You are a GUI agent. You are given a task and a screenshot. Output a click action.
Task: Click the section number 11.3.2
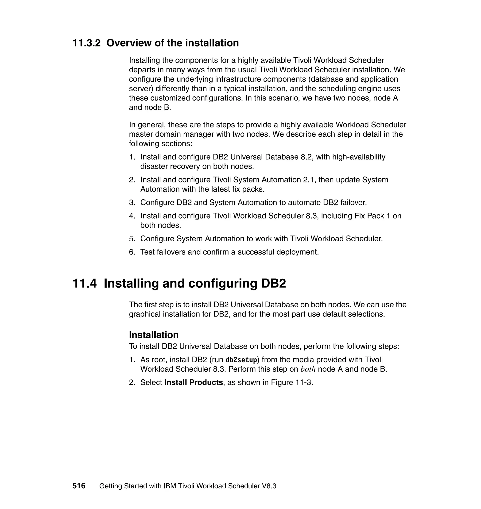click(87, 43)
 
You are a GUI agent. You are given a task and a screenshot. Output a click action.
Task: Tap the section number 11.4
click(85, 283)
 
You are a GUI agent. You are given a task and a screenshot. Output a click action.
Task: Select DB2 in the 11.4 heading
click(273, 283)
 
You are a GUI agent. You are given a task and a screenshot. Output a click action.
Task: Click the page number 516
click(79, 486)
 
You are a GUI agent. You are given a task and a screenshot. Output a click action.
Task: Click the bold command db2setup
click(241, 360)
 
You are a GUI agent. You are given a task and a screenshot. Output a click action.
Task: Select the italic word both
click(308, 369)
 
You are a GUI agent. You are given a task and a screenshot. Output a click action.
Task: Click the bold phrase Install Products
click(194, 382)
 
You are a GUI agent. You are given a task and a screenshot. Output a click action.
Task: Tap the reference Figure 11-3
click(292, 382)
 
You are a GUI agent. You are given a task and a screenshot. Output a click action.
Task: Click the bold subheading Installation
click(154, 335)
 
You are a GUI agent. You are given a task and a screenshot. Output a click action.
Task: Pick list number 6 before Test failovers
click(132, 252)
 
